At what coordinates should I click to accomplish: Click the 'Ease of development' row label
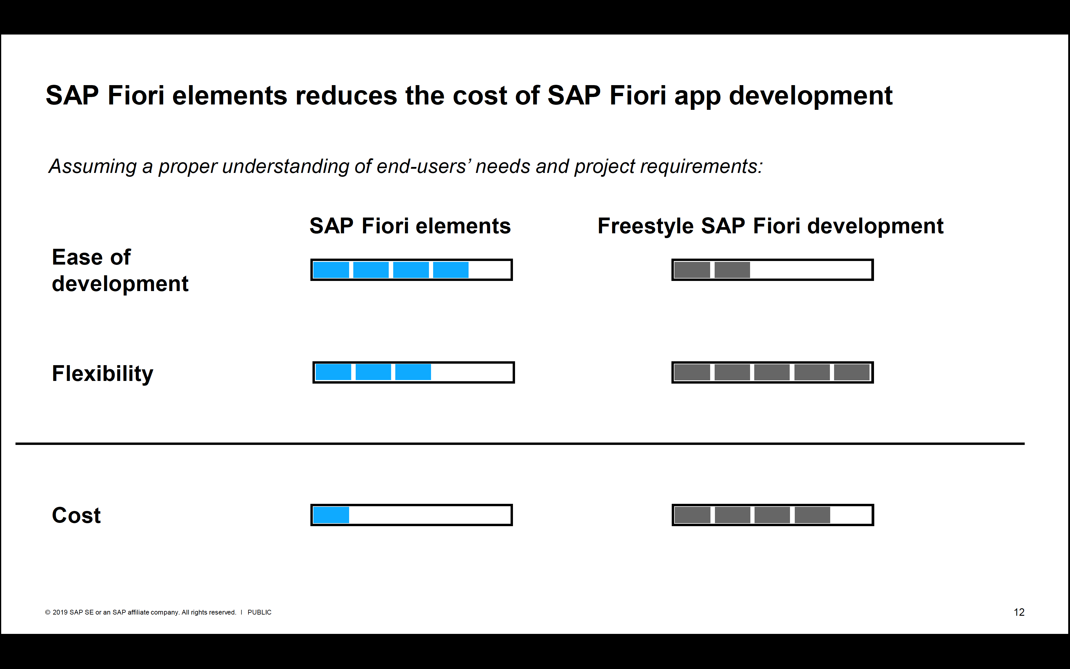120,270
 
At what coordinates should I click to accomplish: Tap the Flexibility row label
103,374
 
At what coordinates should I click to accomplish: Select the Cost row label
76,515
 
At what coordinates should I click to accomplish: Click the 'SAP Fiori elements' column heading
410,226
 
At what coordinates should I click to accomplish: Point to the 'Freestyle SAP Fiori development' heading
771,226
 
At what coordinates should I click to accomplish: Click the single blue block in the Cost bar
331,515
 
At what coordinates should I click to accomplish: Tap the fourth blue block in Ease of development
451,270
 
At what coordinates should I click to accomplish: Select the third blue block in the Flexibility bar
413,372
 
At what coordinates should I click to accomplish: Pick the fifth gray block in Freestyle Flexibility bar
852,372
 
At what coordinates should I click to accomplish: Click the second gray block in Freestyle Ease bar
732,270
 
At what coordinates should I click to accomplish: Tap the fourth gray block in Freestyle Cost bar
812,515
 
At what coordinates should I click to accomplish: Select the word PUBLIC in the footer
259,612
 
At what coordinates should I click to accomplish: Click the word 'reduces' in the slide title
346,96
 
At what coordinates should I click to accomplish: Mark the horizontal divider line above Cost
520,443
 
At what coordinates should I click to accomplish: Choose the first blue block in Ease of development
331,270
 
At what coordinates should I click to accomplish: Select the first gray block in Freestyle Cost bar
693,515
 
